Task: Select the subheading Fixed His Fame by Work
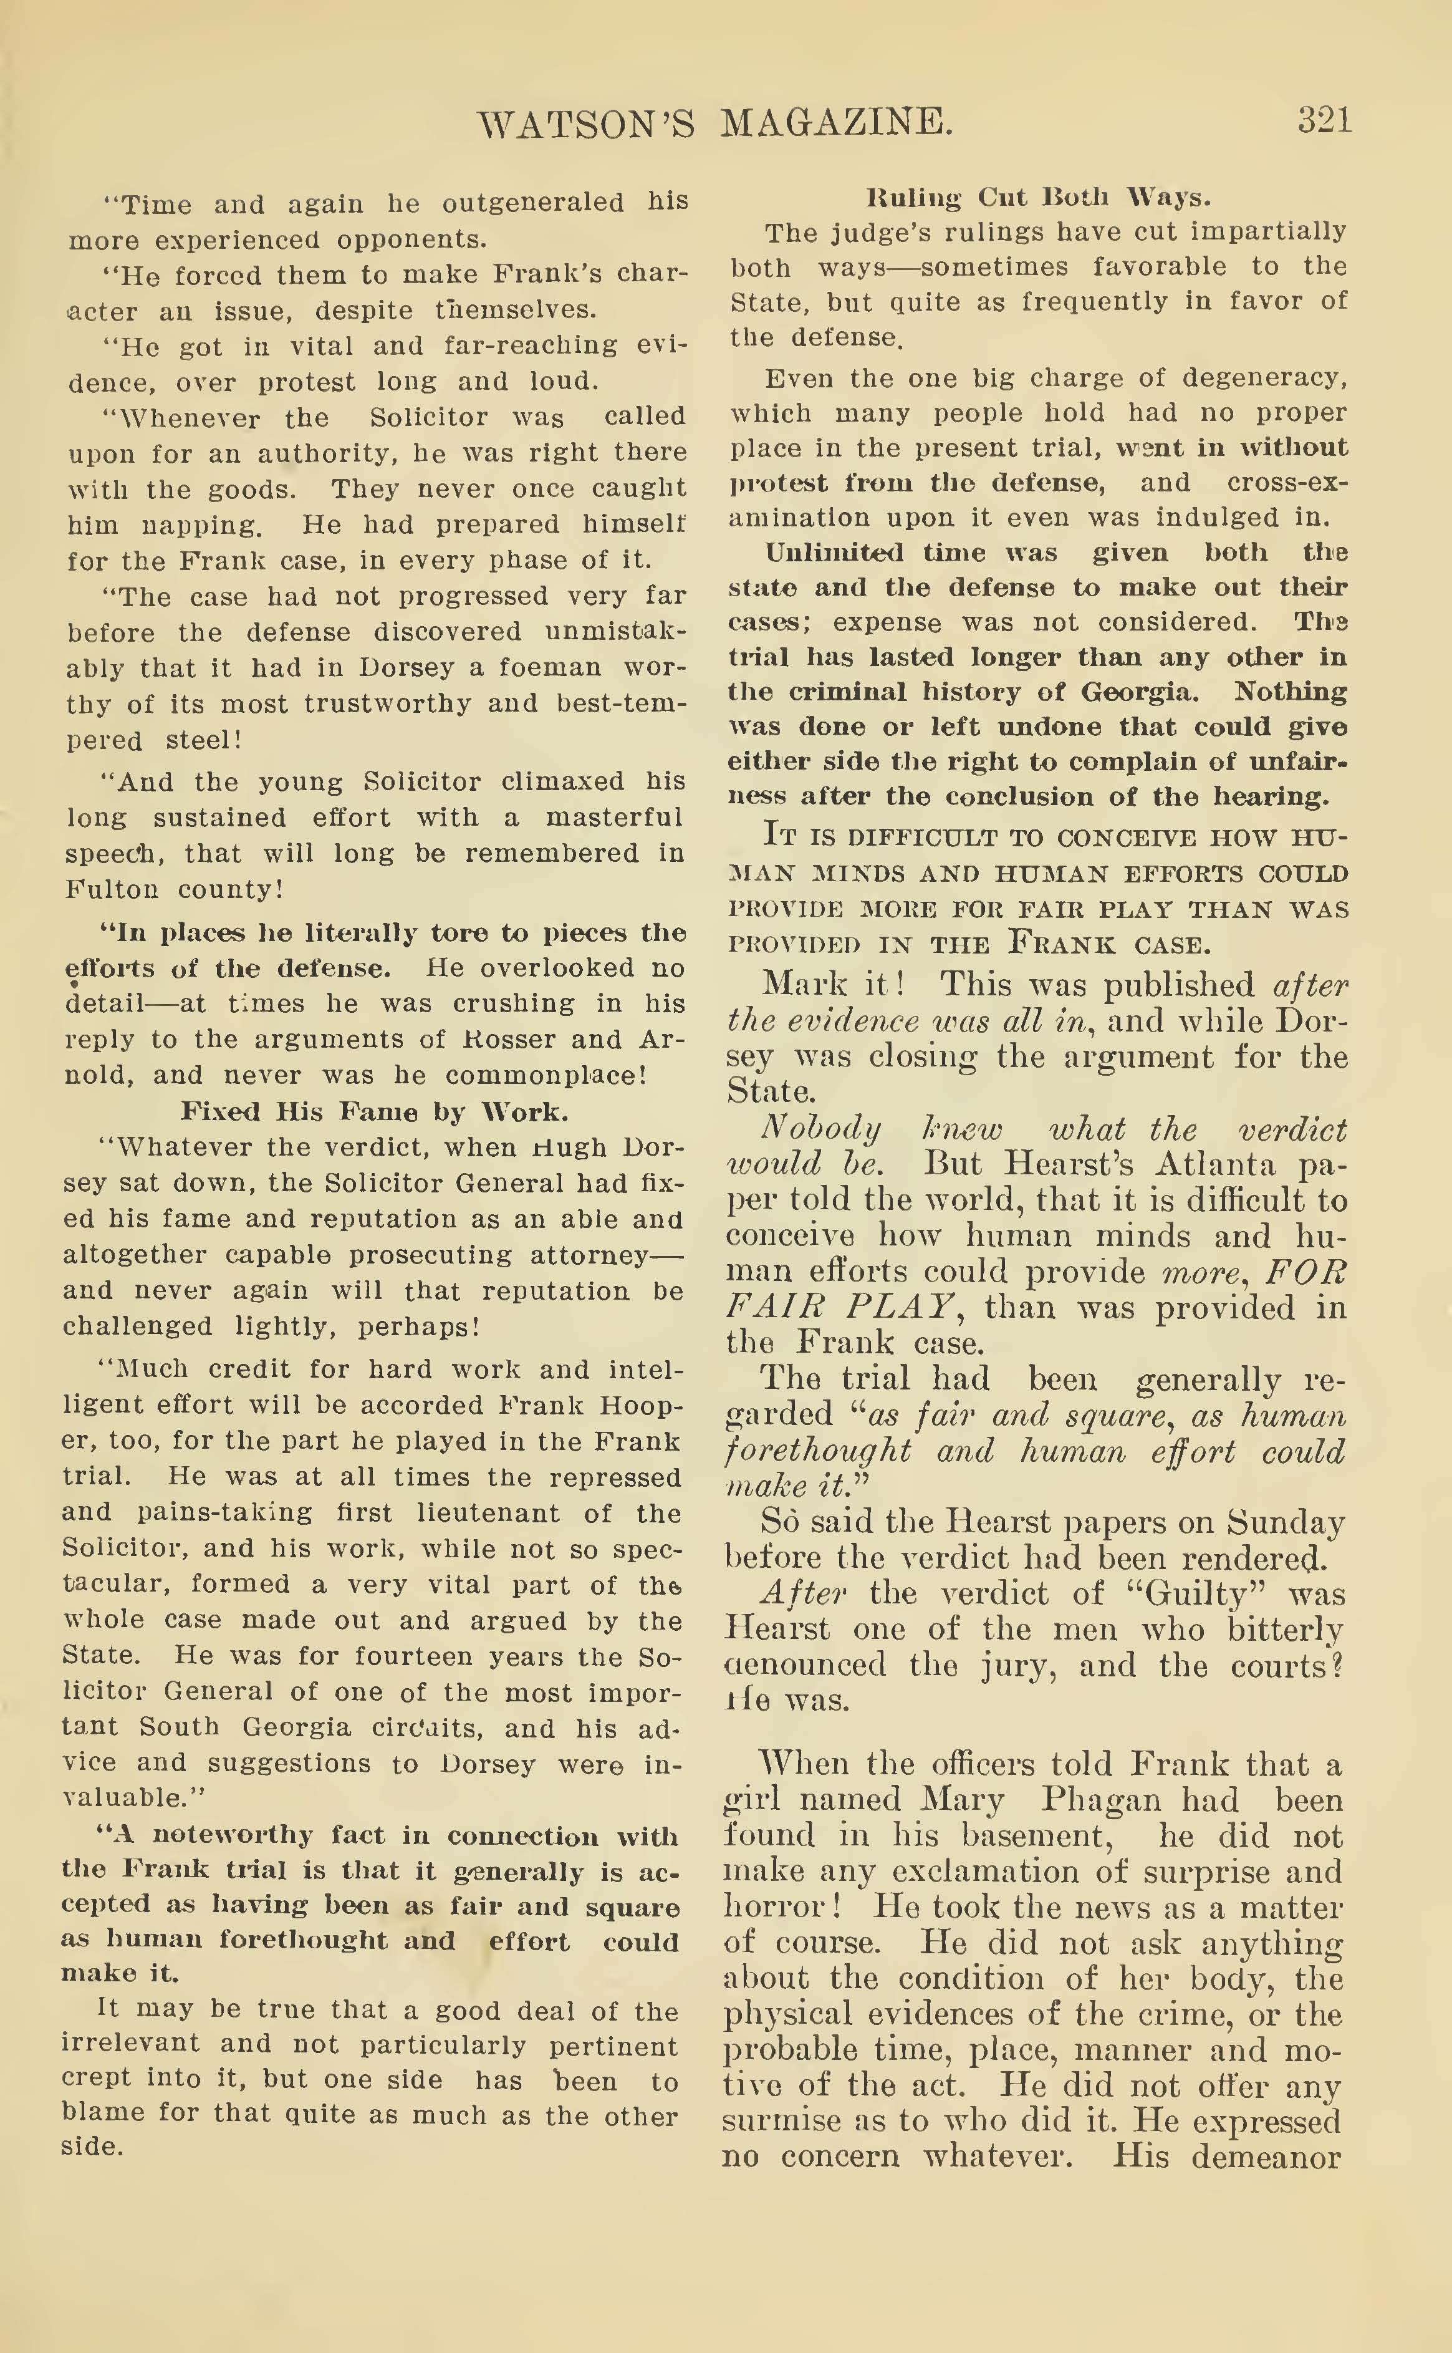click(x=375, y=1111)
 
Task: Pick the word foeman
click(x=549, y=667)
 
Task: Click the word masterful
click(x=613, y=818)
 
